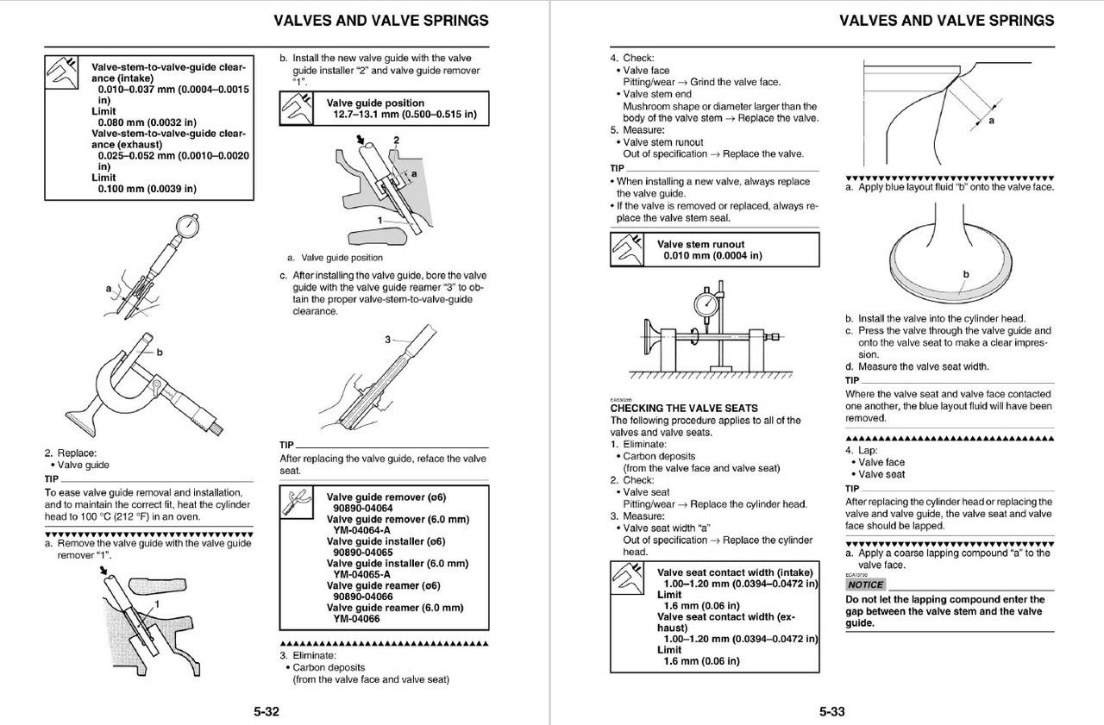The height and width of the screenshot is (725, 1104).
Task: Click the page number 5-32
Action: [x=266, y=712]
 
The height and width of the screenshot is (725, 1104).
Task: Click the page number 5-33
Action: [x=831, y=712]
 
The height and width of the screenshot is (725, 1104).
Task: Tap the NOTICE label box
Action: [x=865, y=584]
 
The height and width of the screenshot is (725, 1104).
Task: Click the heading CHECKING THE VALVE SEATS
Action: [x=684, y=408]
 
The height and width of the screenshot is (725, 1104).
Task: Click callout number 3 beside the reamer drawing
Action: [x=389, y=340]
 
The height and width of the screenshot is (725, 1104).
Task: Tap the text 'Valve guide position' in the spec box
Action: [x=375, y=103]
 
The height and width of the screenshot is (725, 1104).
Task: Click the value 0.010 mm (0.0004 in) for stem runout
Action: [x=713, y=256]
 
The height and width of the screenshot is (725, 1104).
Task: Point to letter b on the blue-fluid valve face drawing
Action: [x=966, y=274]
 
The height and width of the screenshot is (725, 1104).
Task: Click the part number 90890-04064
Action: [x=363, y=509]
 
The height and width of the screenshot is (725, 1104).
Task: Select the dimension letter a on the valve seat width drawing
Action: [x=991, y=121]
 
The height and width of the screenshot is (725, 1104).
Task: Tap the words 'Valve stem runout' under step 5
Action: [x=662, y=142]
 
